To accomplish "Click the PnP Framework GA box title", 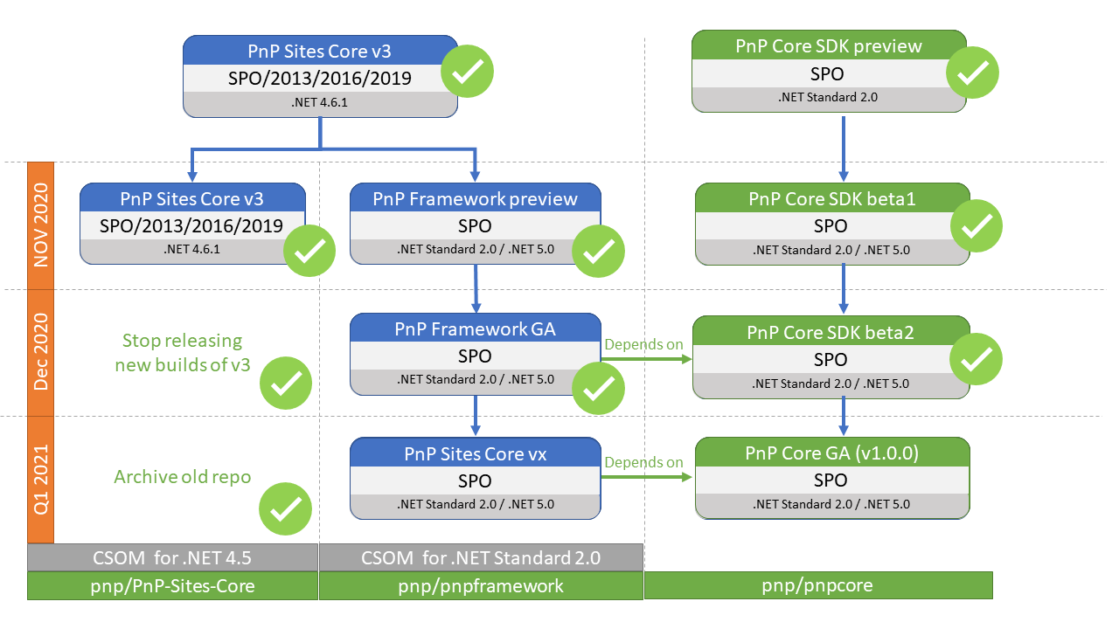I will pyautogui.click(x=475, y=329).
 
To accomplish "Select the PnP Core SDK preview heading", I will pyautogui.click(x=829, y=45).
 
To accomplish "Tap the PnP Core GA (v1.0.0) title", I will pyautogui.click(x=831, y=453).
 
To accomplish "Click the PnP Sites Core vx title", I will pyautogui.click(x=475, y=453).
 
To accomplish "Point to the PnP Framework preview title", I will pyautogui.click(x=475, y=198).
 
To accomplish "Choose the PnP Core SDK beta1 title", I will pyautogui.click(x=831, y=198).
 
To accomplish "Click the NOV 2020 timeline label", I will pyautogui.click(x=41, y=225).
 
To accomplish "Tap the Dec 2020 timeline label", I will pyautogui.click(x=41, y=353).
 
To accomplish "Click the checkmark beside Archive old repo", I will pyautogui.click(x=286, y=508).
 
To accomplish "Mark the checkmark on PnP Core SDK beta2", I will pyautogui.click(x=975, y=359).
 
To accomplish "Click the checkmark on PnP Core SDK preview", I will pyautogui.click(x=972, y=73).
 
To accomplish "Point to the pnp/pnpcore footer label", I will pyautogui.click(x=818, y=585).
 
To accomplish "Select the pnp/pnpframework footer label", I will pyautogui.click(x=481, y=586).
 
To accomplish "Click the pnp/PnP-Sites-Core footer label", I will pyautogui.click(x=172, y=586).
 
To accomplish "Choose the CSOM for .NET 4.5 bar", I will pyautogui.click(x=172, y=557).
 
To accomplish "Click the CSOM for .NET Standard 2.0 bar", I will pyautogui.click(x=481, y=557).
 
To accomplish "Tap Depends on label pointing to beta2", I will pyautogui.click(x=643, y=344).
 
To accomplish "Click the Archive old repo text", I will pyautogui.click(x=183, y=476).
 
